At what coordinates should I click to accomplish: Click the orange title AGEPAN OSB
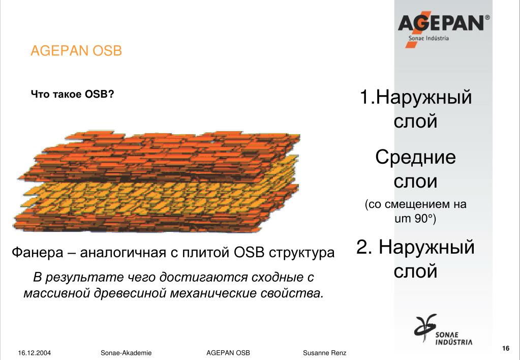click(x=76, y=51)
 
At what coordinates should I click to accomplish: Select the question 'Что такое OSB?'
click(x=72, y=94)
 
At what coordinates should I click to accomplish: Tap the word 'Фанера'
click(x=37, y=253)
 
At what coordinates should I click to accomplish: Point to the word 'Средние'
click(x=415, y=157)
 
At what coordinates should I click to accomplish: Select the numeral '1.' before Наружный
click(x=368, y=97)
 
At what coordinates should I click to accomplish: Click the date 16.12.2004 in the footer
click(x=35, y=353)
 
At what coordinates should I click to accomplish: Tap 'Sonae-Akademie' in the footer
click(x=126, y=353)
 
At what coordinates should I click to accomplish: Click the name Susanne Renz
click(x=324, y=353)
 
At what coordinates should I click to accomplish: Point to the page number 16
click(x=506, y=348)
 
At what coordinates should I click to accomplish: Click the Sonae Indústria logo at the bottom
click(x=443, y=329)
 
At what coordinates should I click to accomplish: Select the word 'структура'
click(x=301, y=253)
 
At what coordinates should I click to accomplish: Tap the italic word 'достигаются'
click(x=203, y=277)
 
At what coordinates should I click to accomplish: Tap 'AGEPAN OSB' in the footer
click(x=228, y=353)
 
